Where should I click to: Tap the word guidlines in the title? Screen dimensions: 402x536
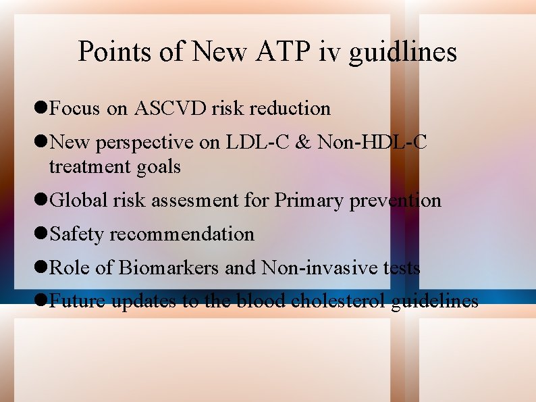pos(402,53)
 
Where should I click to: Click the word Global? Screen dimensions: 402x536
pos(76,200)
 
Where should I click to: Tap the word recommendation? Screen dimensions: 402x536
pos(182,234)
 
